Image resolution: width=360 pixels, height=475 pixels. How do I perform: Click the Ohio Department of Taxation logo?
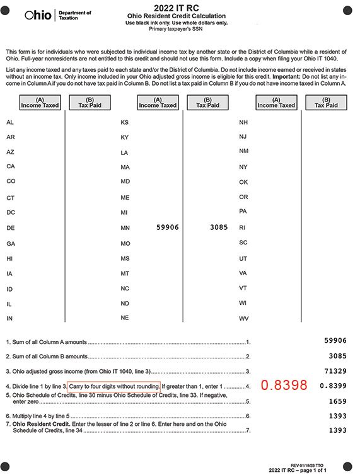[57, 15]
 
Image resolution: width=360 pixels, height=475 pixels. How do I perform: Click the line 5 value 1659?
[337, 400]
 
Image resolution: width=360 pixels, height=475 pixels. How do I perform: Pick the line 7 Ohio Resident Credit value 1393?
[337, 430]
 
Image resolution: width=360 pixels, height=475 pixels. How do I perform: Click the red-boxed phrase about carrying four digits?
[113, 386]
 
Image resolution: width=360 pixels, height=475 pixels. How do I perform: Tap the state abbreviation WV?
[243, 319]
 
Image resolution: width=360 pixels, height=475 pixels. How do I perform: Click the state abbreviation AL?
[10, 122]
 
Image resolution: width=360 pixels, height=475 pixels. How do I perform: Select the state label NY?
[243, 167]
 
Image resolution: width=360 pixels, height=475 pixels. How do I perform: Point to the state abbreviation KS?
[124, 122]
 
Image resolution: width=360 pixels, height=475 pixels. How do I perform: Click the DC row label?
[10, 212]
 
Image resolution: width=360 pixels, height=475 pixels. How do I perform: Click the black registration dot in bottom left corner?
[6, 466]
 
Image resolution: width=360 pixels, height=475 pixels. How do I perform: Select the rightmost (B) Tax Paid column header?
[326, 102]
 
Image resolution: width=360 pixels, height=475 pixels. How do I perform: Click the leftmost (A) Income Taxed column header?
[40, 102]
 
